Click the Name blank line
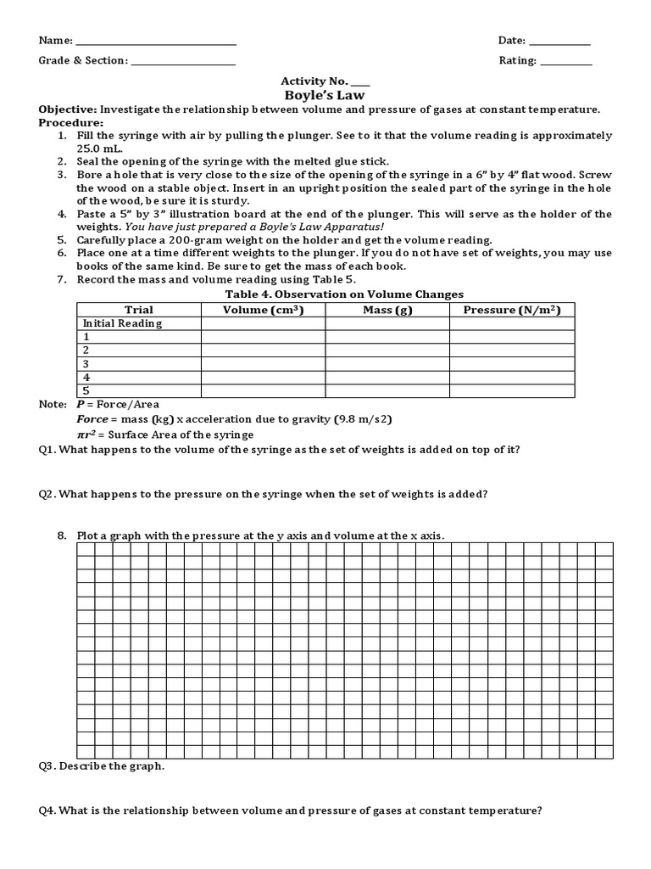[x=156, y=42]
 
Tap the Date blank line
[x=559, y=42]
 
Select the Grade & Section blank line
[x=182, y=62]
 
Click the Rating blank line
[x=565, y=62]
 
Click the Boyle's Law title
[x=325, y=95]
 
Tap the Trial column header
[x=138, y=310]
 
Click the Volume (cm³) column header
[x=263, y=310]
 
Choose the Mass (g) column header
[x=387, y=310]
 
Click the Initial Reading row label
[x=121, y=323]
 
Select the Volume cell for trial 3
[x=263, y=364]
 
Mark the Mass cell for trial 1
[x=387, y=337]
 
